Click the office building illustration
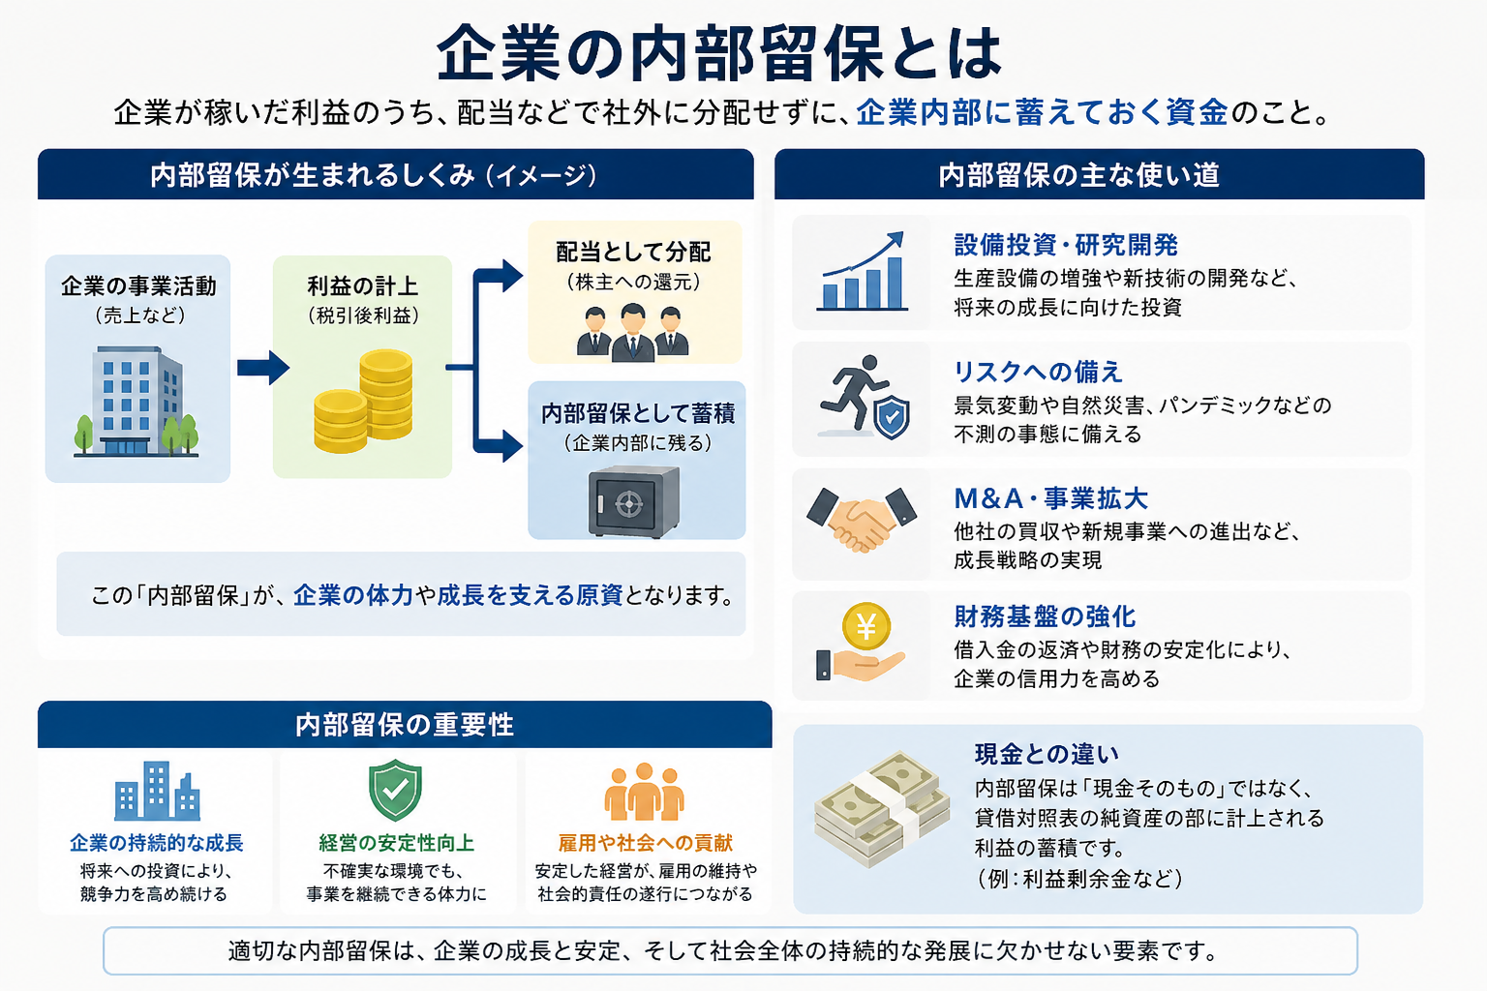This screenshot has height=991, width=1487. (x=137, y=402)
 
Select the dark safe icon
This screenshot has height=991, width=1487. (x=634, y=502)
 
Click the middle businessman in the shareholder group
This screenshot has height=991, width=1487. (x=632, y=332)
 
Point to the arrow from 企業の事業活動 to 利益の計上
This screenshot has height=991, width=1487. (x=263, y=367)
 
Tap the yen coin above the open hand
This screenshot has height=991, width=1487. (x=866, y=626)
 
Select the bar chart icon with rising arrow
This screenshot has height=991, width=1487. (x=863, y=272)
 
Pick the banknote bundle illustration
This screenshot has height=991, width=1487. (x=882, y=808)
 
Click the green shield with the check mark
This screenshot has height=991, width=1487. (x=396, y=790)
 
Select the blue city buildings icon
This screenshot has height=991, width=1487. (x=158, y=791)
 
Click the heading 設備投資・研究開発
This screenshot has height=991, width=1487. (x=1066, y=245)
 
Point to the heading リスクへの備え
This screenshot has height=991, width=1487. (x=1038, y=372)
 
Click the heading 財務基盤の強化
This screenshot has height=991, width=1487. (x=1045, y=616)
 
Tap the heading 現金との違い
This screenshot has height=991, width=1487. (x=1047, y=754)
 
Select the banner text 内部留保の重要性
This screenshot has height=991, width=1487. (x=405, y=725)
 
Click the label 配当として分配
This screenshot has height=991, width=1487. (x=633, y=252)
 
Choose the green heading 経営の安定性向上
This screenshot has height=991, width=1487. (x=396, y=843)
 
